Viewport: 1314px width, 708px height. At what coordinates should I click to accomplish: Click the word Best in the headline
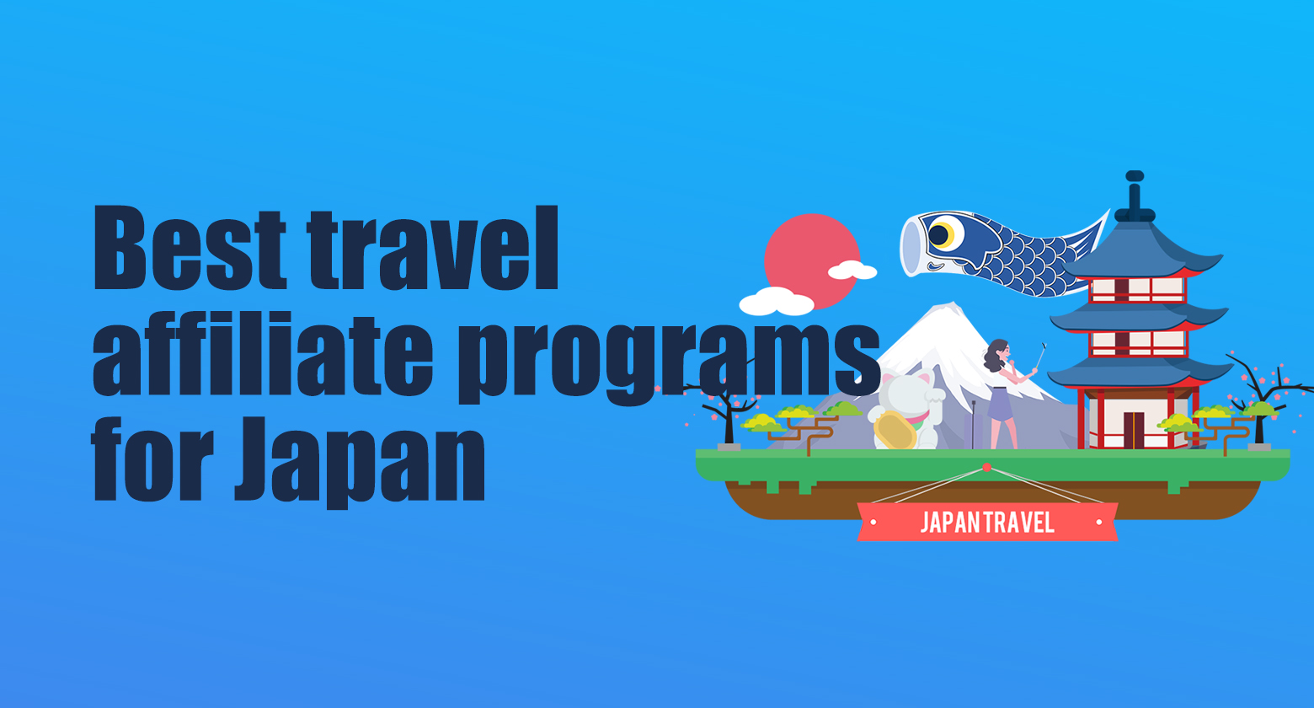pyautogui.click(x=190, y=249)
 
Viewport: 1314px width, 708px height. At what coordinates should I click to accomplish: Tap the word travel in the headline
pyautogui.click(x=433, y=249)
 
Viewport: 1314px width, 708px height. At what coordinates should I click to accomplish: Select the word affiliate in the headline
pyautogui.click(x=263, y=354)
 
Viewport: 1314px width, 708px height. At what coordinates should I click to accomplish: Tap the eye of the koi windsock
pyautogui.click(x=941, y=234)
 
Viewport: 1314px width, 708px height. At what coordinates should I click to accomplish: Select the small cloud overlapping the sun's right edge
pyautogui.click(x=852, y=271)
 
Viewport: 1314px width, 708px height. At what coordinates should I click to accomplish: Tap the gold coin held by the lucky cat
pyautogui.click(x=895, y=430)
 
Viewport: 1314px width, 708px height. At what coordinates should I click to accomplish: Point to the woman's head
pyautogui.click(x=997, y=353)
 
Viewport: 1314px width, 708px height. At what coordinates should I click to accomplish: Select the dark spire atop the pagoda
pyautogui.click(x=1135, y=196)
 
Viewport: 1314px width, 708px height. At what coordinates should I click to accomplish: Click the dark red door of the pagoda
pyautogui.click(x=1134, y=431)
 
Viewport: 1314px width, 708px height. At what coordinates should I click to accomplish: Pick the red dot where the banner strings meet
pyautogui.click(x=986, y=467)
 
